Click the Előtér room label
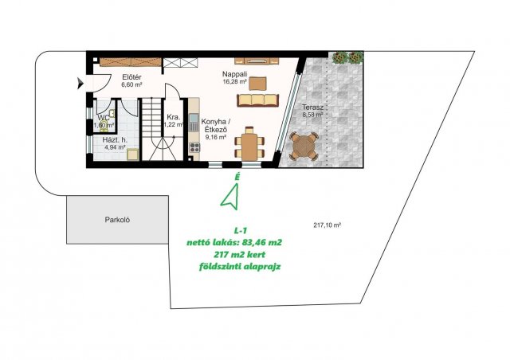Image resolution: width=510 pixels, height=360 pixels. [x=131, y=77]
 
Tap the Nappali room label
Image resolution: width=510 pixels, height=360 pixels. [x=234, y=74]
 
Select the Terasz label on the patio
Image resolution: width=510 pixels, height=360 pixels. [x=312, y=107]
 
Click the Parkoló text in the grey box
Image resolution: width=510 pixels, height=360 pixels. [x=117, y=220]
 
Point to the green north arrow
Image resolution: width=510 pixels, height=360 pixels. [x=230, y=195]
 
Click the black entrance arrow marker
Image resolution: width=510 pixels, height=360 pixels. [x=80, y=84]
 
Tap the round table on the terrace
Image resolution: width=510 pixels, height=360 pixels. [x=303, y=147]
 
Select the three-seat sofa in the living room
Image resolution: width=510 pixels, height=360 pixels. [x=258, y=100]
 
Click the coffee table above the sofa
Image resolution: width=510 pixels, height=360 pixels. [x=257, y=84]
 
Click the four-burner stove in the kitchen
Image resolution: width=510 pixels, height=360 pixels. [x=194, y=147]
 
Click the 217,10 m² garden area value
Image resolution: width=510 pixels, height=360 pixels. [x=328, y=225]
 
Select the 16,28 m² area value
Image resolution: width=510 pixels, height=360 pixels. [x=234, y=82]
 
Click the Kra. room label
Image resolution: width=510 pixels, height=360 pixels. [x=173, y=117]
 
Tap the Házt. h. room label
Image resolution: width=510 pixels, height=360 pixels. [x=115, y=140]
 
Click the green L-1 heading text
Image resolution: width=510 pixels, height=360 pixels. [x=241, y=230]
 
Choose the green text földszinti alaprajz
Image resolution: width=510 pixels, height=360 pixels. [x=240, y=267]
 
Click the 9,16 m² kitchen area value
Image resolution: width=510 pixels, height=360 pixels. [x=215, y=137]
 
